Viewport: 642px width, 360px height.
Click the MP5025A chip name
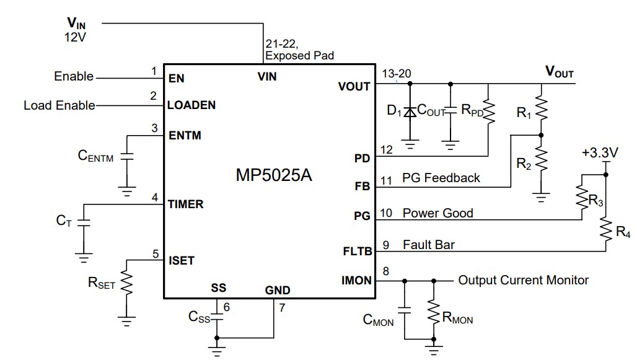point(273,175)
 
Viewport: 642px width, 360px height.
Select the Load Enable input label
point(59,105)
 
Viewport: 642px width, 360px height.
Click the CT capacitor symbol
point(84,221)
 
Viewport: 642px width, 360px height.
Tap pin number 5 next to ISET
point(154,253)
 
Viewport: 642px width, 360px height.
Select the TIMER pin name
point(185,204)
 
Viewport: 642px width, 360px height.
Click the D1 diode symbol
point(409,112)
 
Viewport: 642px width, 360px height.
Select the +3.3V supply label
point(600,152)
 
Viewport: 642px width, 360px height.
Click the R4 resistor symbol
point(607,231)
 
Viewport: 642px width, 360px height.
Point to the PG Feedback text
point(441,178)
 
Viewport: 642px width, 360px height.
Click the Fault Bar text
point(428,245)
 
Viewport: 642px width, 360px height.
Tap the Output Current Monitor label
point(523,280)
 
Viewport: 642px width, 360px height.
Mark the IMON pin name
point(356,281)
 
